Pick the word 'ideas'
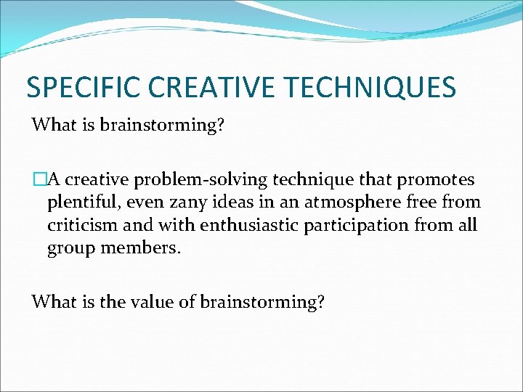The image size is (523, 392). pyautogui.click(x=227, y=203)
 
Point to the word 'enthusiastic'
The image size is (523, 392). pyautogui.click(x=221, y=226)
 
